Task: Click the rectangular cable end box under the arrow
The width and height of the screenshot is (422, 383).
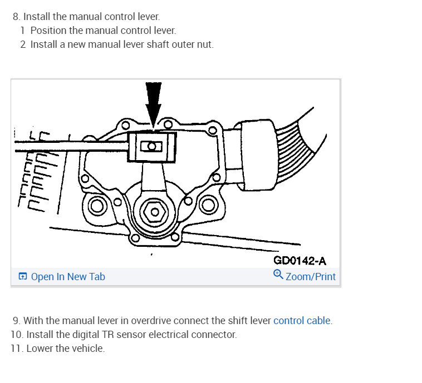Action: tap(151, 147)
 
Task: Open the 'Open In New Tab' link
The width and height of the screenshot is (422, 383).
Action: tap(68, 277)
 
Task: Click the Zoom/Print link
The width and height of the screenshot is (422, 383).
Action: tap(311, 276)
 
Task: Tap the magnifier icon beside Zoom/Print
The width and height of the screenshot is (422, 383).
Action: tap(278, 275)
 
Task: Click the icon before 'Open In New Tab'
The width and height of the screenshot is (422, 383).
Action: tap(23, 277)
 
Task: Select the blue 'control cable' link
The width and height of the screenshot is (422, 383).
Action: tap(302, 321)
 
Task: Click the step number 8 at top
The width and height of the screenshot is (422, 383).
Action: tap(16, 17)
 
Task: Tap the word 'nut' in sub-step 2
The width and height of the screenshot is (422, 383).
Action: tap(204, 44)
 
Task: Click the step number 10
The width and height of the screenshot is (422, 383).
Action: tap(17, 335)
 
